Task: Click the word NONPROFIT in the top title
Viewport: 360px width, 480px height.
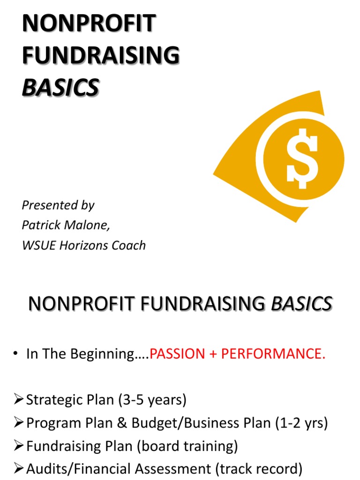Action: tap(89, 24)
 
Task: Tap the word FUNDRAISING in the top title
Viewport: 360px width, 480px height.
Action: tap(100, 55)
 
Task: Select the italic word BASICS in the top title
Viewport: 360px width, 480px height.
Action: tap(60, 87)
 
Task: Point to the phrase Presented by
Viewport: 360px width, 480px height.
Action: tap(58, 205)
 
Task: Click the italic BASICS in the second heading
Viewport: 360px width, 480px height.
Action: tap(301, 304)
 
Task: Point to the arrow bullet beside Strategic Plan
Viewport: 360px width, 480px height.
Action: tap(19, 400)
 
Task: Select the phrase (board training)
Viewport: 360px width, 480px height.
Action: tap(187, 446)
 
